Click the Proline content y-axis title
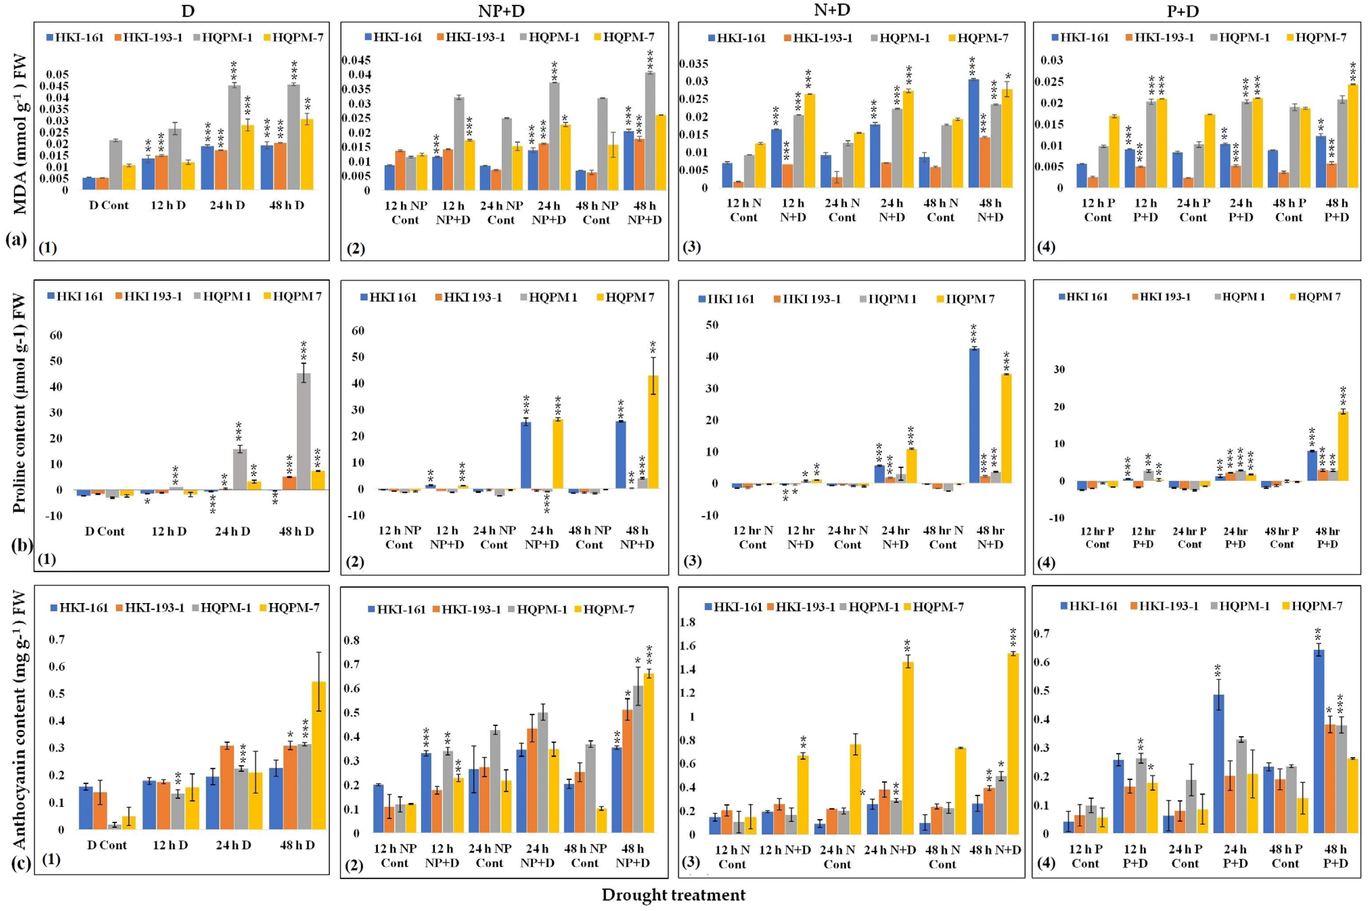(19, 404)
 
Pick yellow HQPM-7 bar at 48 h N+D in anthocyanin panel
(1013, 744)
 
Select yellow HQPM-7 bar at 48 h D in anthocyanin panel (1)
(318, 755)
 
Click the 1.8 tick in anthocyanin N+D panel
(687, 622)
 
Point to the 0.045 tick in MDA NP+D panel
(356, 61)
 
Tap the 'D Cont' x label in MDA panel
(108, 205)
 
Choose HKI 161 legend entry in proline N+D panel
(731, 299)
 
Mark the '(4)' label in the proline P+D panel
(1046, 562)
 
